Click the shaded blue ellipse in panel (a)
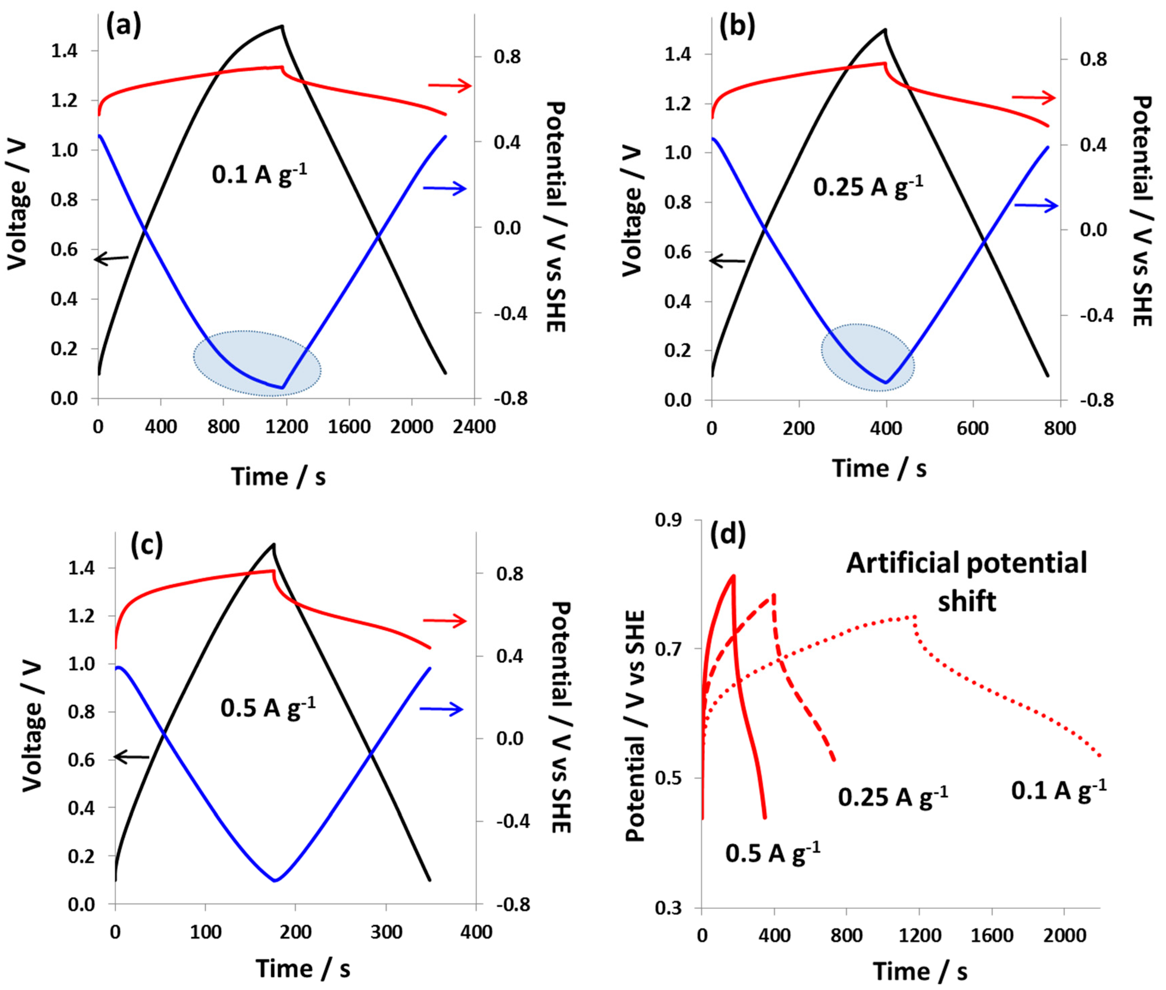(x=257, y=363)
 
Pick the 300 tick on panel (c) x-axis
(x=386, y=932)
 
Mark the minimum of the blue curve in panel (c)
(x=275, y=881)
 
